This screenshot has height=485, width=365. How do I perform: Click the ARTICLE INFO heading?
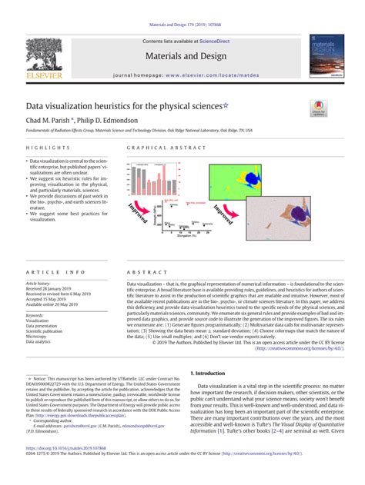55,273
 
